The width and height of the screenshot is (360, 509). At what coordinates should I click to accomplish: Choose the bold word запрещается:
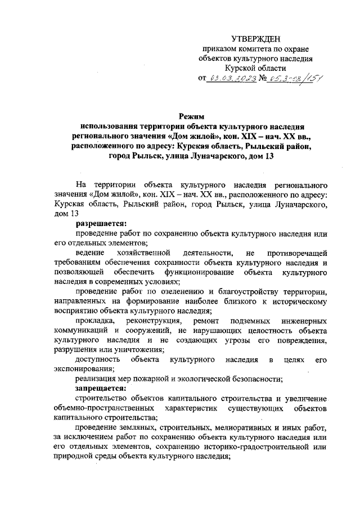(x=98, y=389)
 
